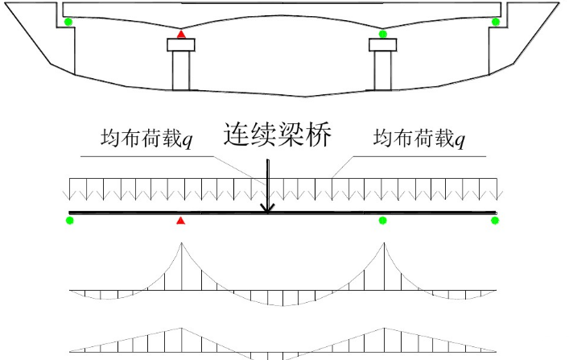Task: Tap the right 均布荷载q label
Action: coord(419,139)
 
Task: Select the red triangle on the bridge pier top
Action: coord(181,35)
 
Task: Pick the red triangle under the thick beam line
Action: coord(181,221)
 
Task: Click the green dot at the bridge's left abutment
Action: coord(68,22)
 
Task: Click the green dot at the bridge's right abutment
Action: coord(496,22)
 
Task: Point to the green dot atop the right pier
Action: coord(383,34)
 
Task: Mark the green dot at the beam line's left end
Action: coord(70,221)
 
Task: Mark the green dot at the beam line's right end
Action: coord(495,221)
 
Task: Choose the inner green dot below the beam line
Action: coord(382,221)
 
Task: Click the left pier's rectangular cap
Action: coord(181,46)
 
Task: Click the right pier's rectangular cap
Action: coord(382,46)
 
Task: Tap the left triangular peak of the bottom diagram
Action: coord(179,329)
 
